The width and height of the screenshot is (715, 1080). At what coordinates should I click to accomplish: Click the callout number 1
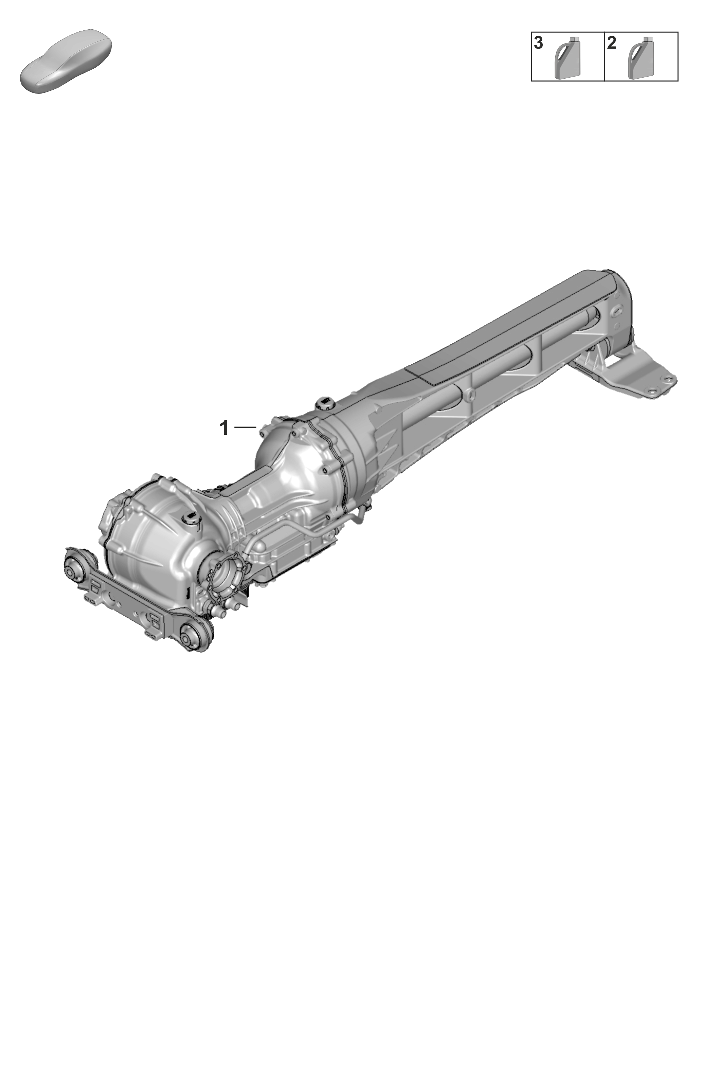224,428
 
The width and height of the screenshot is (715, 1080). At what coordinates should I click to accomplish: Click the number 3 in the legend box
539,43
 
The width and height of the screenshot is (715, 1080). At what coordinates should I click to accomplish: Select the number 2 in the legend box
612,43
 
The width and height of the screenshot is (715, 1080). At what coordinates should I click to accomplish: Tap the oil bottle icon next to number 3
567,58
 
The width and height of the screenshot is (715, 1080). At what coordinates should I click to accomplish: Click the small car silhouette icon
67,61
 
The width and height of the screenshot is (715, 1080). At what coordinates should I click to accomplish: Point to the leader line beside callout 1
245,427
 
